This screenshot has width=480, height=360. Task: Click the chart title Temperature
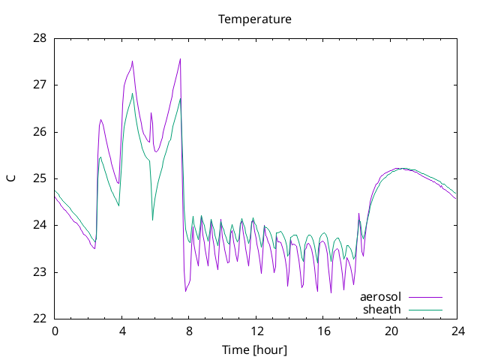pyautogui.click(x=255, y=19)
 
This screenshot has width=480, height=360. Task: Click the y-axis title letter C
pyautogui.click(x=11, y=178)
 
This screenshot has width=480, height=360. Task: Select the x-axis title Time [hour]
pyautogui.click(x=255, y=350)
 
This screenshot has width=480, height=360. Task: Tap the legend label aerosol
pyautogui.click(x=380, y=297)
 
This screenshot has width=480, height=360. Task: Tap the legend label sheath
pyautogui.click(x=382, y=310)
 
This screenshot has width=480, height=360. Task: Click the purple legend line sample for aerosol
pyautogui.click(x=425, y=297)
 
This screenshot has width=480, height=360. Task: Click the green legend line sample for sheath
pyautogui.click(x=425, y=310)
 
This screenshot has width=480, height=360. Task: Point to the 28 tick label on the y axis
pyautogui.click(x=40, y=38)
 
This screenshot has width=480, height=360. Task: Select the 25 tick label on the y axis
pyautogui.click(x=40, y=178)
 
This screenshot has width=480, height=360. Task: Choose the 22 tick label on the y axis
pyautogui.click(x=40, y=319)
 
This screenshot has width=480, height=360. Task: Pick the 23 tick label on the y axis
pyautogui.click(x=40, y=272)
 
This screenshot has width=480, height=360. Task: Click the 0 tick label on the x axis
pyautogui.click(x=55, y=331)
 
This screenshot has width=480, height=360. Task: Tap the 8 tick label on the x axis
pyautogui.click(x=189, y=331)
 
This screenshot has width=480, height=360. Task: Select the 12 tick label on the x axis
pyautogui.click(x=256, y=331)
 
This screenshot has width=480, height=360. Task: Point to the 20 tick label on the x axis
pyautogui.click(x=391, y=331)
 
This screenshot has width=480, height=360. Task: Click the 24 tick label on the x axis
pyautogui.click(x=458, y=331)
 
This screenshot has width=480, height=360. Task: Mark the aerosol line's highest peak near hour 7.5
pyautogui.click(x=180, y=58)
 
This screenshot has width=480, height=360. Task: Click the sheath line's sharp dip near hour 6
pyautogui.click(x=152, y=220)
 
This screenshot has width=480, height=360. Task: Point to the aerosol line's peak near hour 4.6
pyautogui.click(x=132, y=61)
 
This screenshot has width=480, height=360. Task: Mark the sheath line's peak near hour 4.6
pyautogui.click(x=132, y=93)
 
